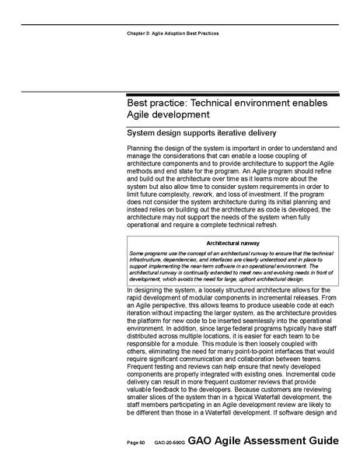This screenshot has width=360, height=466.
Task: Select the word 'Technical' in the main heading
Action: tap(240, 103)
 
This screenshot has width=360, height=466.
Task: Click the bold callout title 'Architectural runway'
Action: tap(229, 244)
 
